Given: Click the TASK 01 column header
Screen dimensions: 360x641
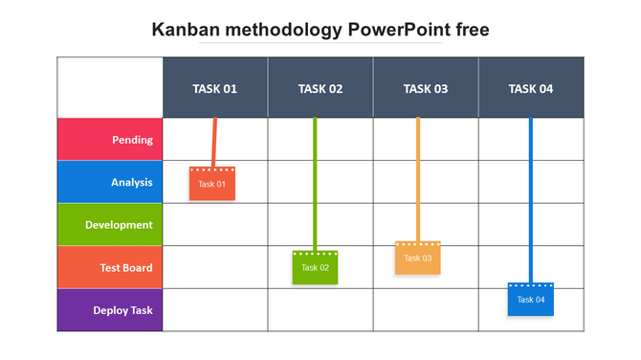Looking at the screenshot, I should (214, 88).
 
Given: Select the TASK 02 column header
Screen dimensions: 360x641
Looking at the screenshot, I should (320, 88).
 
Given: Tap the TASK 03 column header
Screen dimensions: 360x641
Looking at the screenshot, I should (425, 88).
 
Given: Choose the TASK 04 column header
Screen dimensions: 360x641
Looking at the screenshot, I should (530, 88).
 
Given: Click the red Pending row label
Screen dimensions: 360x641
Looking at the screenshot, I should (110, 140).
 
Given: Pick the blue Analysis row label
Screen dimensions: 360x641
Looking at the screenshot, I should (110, 182).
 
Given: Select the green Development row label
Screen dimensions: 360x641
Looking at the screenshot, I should (110, 225).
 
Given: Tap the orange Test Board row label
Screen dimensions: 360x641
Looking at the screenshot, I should (110, 267).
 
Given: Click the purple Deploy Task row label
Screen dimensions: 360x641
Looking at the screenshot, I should (110, 310).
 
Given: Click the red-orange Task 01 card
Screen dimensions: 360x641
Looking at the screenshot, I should (212, 184).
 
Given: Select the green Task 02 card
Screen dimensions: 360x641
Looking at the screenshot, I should (316, 268).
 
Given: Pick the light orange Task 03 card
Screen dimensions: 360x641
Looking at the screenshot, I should (418, 259).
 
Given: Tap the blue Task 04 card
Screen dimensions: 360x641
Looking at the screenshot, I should (531, 300).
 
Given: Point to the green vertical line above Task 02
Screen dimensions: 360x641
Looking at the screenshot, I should (315, 182).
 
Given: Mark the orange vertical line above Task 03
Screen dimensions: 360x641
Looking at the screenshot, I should (418, 177).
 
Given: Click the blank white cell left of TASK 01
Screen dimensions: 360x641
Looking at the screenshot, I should (110, 88).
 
